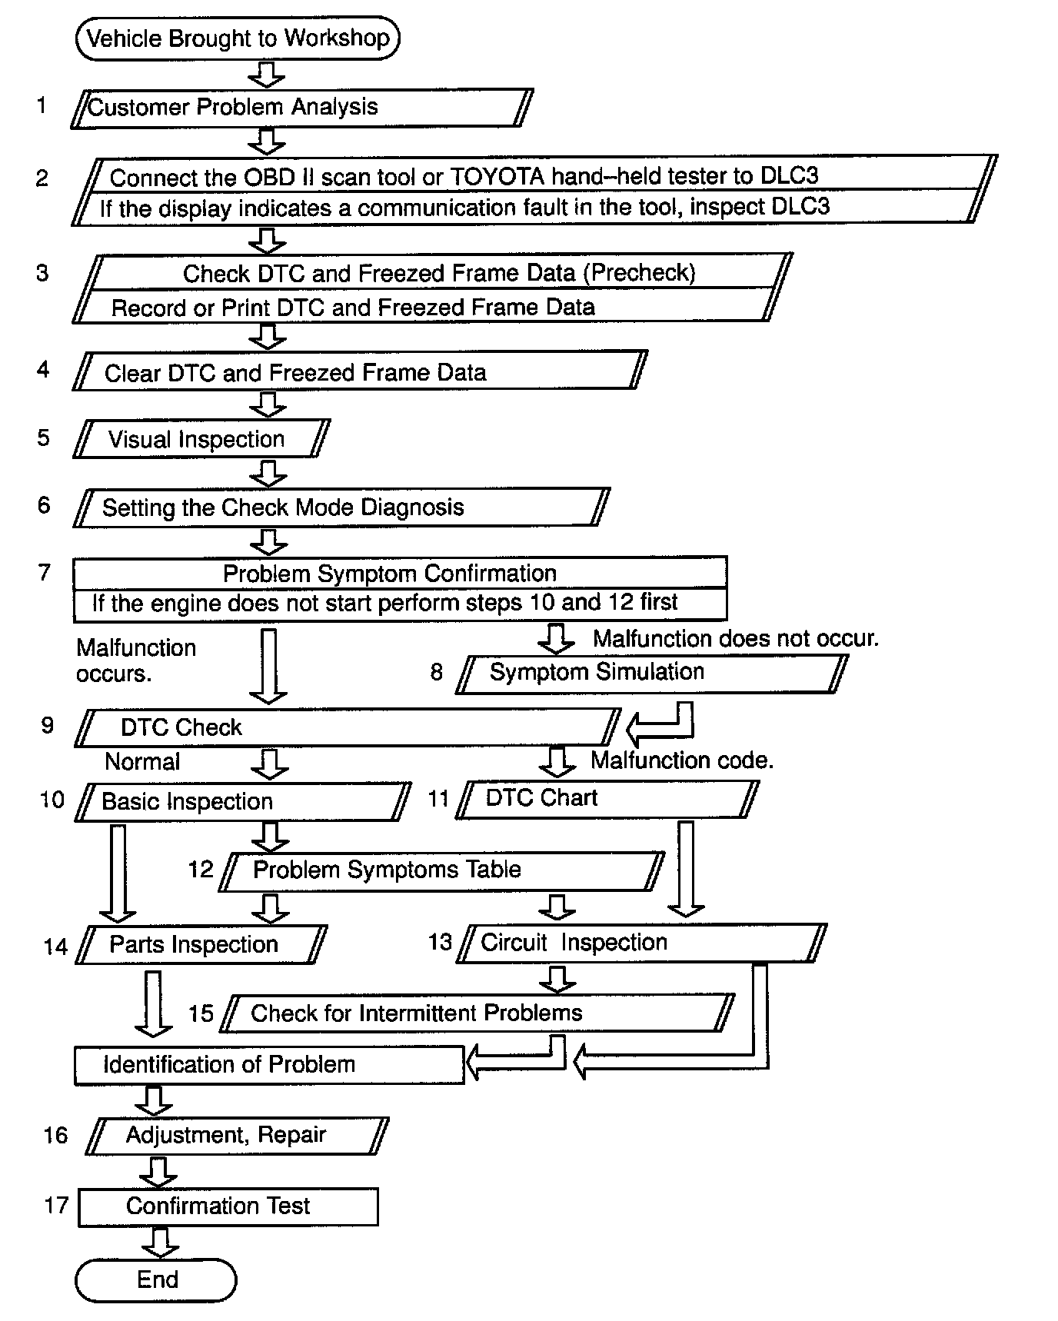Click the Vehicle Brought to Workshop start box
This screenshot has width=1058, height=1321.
(x=238, y=38)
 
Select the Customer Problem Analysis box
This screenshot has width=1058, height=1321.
(x=301, y=107)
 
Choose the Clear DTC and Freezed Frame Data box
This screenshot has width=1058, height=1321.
(x=360, y=372)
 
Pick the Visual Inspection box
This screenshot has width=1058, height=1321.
(x=201, y=439)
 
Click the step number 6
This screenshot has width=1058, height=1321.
(x=44, y=505)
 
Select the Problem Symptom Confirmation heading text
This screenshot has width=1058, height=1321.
(x=390, y=574)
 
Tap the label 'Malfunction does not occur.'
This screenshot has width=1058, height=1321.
(x=735, y=638)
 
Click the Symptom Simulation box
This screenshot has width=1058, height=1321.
(x=650, y=673)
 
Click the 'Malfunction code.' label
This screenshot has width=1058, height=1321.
(x=681, y=760)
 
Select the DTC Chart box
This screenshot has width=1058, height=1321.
(x=607, y=799)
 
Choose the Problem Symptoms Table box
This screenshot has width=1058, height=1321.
(x=441, y=870)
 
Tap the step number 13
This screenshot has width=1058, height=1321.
(x=440, y=942)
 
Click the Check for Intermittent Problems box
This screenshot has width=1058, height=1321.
(x=477, y=1013)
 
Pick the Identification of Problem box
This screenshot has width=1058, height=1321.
(x=269, y=1065)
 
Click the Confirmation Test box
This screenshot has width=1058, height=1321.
(x=228, y=1206)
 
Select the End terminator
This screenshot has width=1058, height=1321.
(x=156, y=1280)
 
